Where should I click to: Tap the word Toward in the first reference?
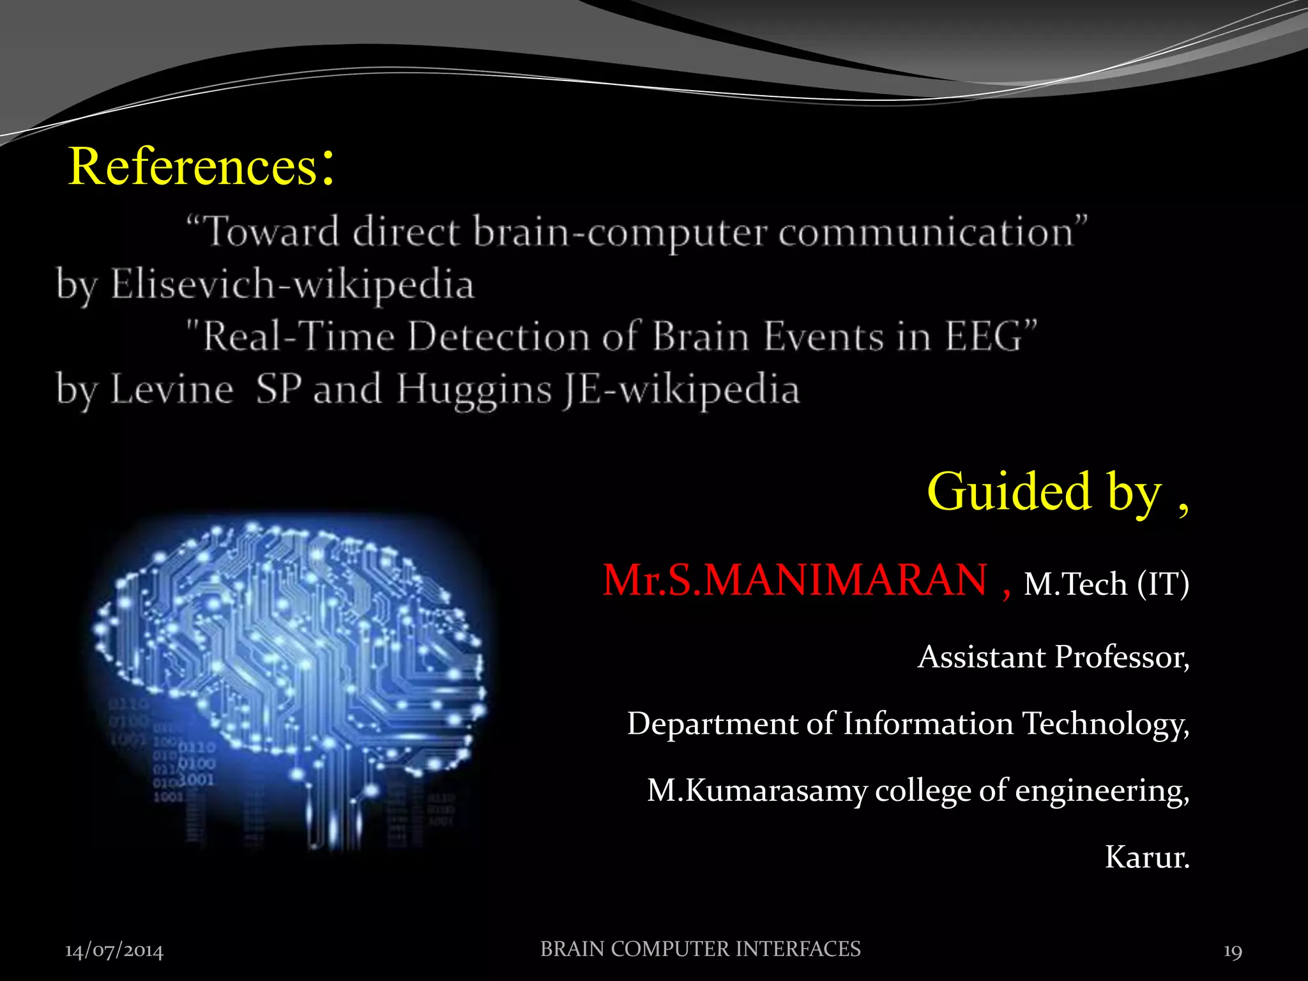pyautogui.click(x=271, y=231)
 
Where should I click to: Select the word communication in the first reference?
pyautogui.click(x=926, y=232)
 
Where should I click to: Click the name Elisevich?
pyautogui.click(x=193, y=284)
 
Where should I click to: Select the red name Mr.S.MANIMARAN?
pyautogui.click(x=795, y=581)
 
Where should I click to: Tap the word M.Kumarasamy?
pyautogui.click(x=757, y=791)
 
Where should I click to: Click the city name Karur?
pyautogui.click(x=1146, y=857)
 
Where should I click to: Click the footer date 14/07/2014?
pyautogui.click(x=114, y=951)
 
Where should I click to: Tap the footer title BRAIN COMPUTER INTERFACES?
pyautogui.click(x=700, y=949)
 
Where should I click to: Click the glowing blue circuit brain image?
pyautogui.click(x=291, y=677)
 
